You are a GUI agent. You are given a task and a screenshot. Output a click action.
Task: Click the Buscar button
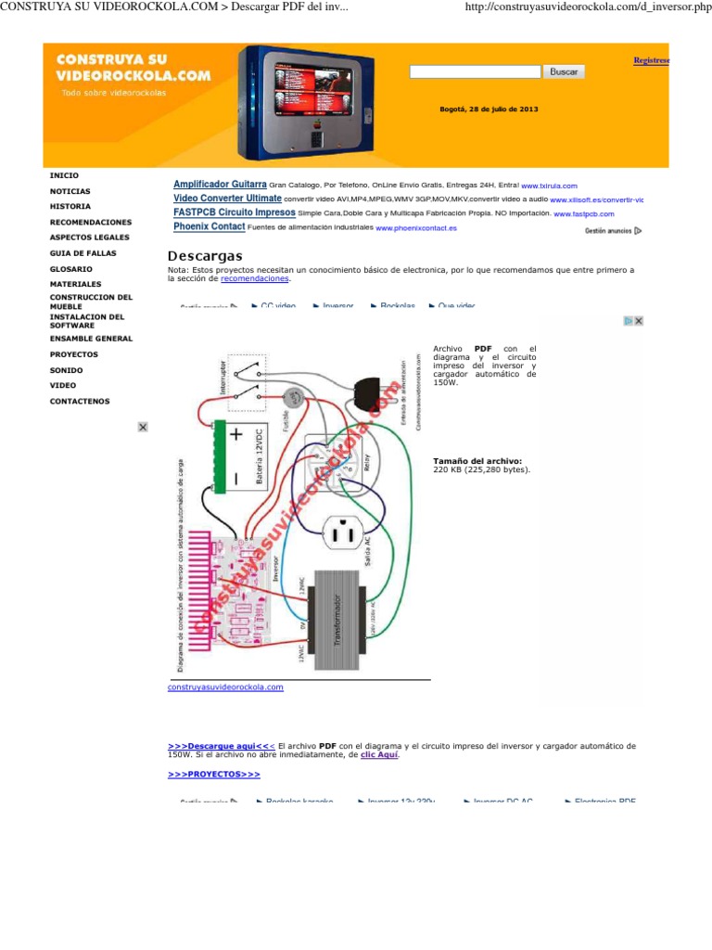coord(564,71)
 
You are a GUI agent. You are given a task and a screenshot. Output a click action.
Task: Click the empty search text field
coord(475,71)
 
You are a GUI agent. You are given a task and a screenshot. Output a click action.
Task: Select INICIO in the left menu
coord(64,175)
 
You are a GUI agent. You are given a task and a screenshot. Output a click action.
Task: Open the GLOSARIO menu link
coord(70,268)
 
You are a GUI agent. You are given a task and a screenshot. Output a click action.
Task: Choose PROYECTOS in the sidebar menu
coord(73,354)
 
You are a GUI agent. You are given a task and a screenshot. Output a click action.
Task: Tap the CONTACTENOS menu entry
coord(79,401)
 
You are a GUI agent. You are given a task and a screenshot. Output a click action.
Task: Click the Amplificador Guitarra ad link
coord(220,185)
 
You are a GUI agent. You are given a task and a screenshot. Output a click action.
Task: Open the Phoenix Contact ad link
coord(210,226)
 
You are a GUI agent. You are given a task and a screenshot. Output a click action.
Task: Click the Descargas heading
coord(205,256)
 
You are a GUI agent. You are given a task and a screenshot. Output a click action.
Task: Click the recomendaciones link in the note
coord(255,278)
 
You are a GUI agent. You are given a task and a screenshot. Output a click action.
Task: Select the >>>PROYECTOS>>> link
coord(214,773)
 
